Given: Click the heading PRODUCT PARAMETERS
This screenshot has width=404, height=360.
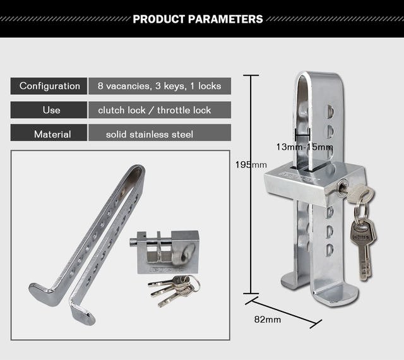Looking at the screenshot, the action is pos(198,19).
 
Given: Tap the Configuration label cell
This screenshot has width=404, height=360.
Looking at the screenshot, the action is pos(49,86).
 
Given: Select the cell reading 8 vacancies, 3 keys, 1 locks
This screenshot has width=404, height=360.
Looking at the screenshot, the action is pos(160,86).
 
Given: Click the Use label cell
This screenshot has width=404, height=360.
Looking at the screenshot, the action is pos(49,110).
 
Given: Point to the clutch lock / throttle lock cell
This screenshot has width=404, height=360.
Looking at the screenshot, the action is pos(160,110).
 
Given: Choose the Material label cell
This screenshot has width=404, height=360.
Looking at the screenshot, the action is pos(49,133).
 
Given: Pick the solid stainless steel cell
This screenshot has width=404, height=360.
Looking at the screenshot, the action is pos(160,133).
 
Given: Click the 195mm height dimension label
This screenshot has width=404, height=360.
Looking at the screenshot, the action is pos(251,165).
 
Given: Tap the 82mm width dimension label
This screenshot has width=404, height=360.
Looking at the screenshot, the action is pos(268,320).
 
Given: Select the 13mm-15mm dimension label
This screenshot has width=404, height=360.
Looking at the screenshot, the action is pos(304,147).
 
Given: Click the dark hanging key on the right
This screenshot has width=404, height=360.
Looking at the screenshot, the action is pos(362,248).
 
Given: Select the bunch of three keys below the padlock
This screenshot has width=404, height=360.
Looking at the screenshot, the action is pos(174,290).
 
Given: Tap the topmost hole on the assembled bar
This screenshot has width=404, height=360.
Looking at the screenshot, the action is pos(330,111).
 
